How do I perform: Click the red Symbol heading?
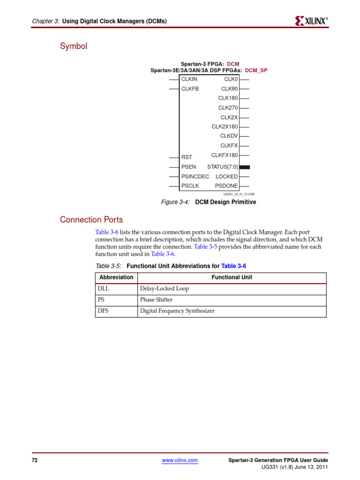click(74, 46)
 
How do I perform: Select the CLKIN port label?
click(189, 79)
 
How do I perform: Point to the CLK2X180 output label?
click(225, 127)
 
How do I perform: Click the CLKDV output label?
click(229, 136)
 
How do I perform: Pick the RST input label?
click(187, 157)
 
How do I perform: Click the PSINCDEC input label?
click(195, 176)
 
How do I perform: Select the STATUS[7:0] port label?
click(222, 167)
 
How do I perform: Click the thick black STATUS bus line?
click(244, 167)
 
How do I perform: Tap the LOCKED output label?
click(226, 176)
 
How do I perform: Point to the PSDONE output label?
click(226, 186)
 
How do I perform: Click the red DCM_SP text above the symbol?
click(256, 70)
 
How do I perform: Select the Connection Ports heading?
click(91, 220)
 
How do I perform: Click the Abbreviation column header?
click(116, 277)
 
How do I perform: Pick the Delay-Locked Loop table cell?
click(165, 289)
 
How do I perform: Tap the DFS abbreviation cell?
click(103, 311)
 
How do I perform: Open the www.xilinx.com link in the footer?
click(180, 461)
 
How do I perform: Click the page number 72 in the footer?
click(34, 461)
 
